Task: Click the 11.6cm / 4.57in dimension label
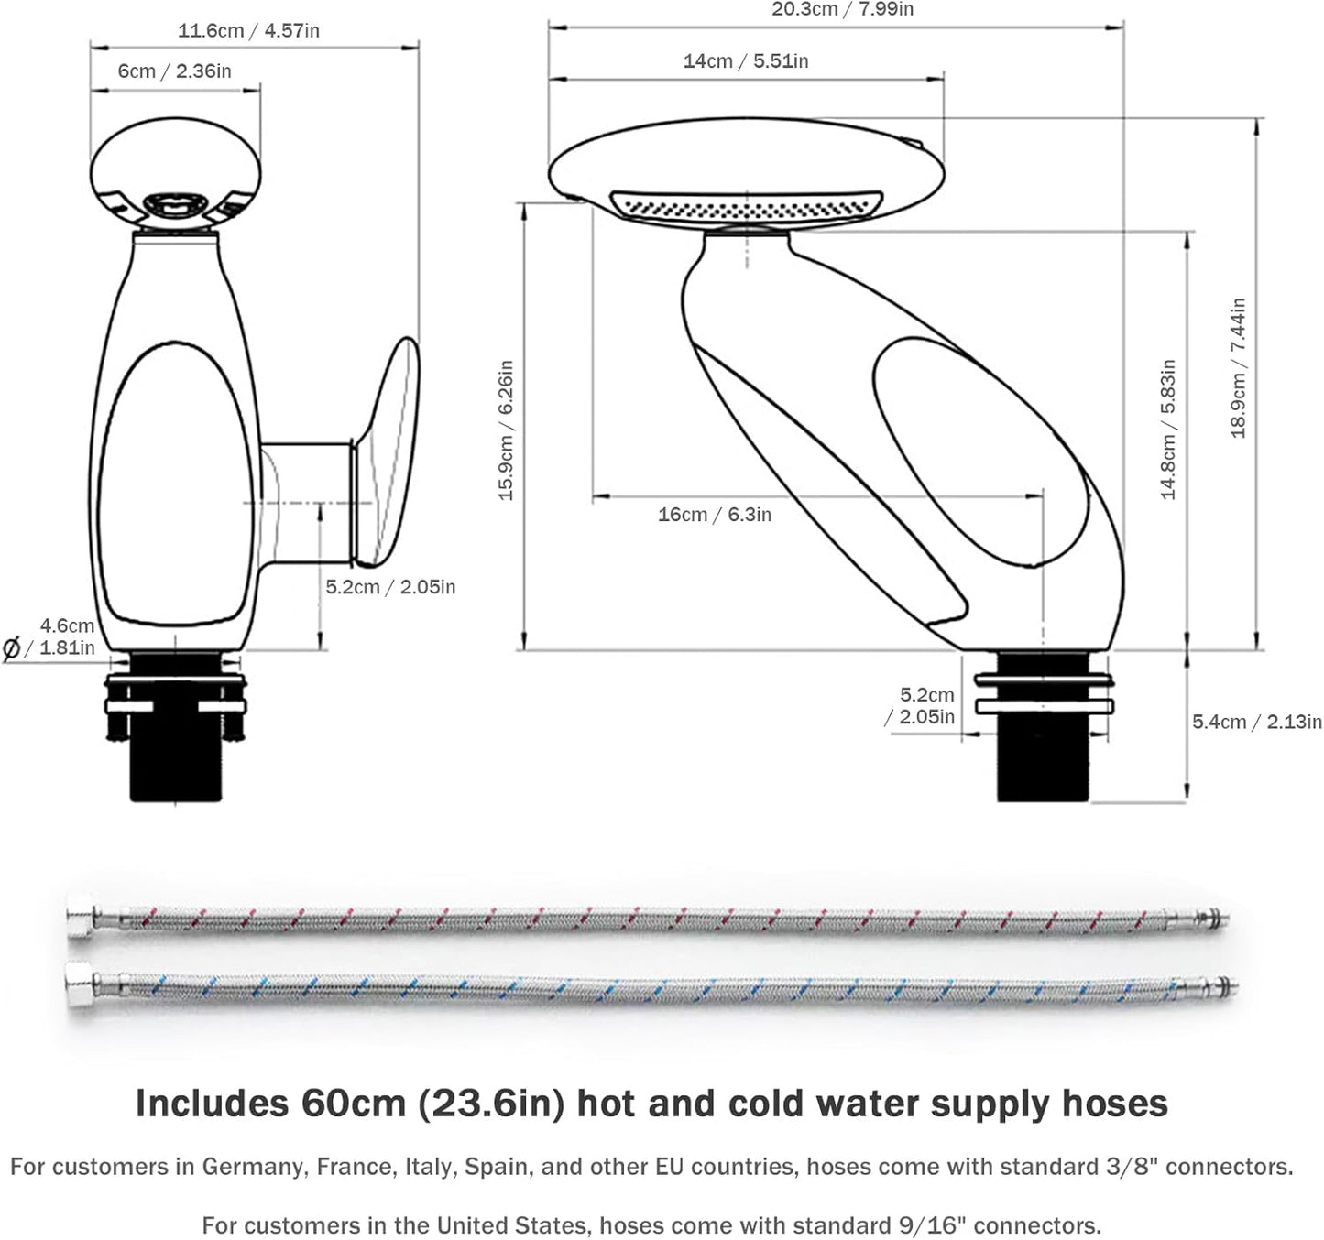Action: (248, 30)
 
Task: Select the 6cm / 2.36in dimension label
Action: (174, 71)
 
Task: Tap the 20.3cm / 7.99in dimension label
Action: (842, 10)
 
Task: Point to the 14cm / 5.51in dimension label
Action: (746, 61)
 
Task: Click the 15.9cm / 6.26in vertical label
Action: (506, 430)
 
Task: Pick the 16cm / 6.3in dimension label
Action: (715, 515)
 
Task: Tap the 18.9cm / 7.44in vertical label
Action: (1238, 367)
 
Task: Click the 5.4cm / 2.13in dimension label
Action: (1256, 722)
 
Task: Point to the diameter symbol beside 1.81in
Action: (12, 649)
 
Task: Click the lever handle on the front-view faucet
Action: (388, 449)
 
